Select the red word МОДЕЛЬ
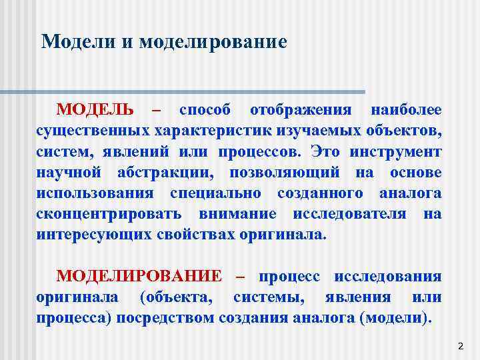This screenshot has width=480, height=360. point(95,109)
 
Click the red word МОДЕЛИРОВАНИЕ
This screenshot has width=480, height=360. point(139,276)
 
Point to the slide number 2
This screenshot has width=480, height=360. point(460,347)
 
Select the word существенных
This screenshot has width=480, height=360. point(93,130)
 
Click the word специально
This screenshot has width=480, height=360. point(213,193)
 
